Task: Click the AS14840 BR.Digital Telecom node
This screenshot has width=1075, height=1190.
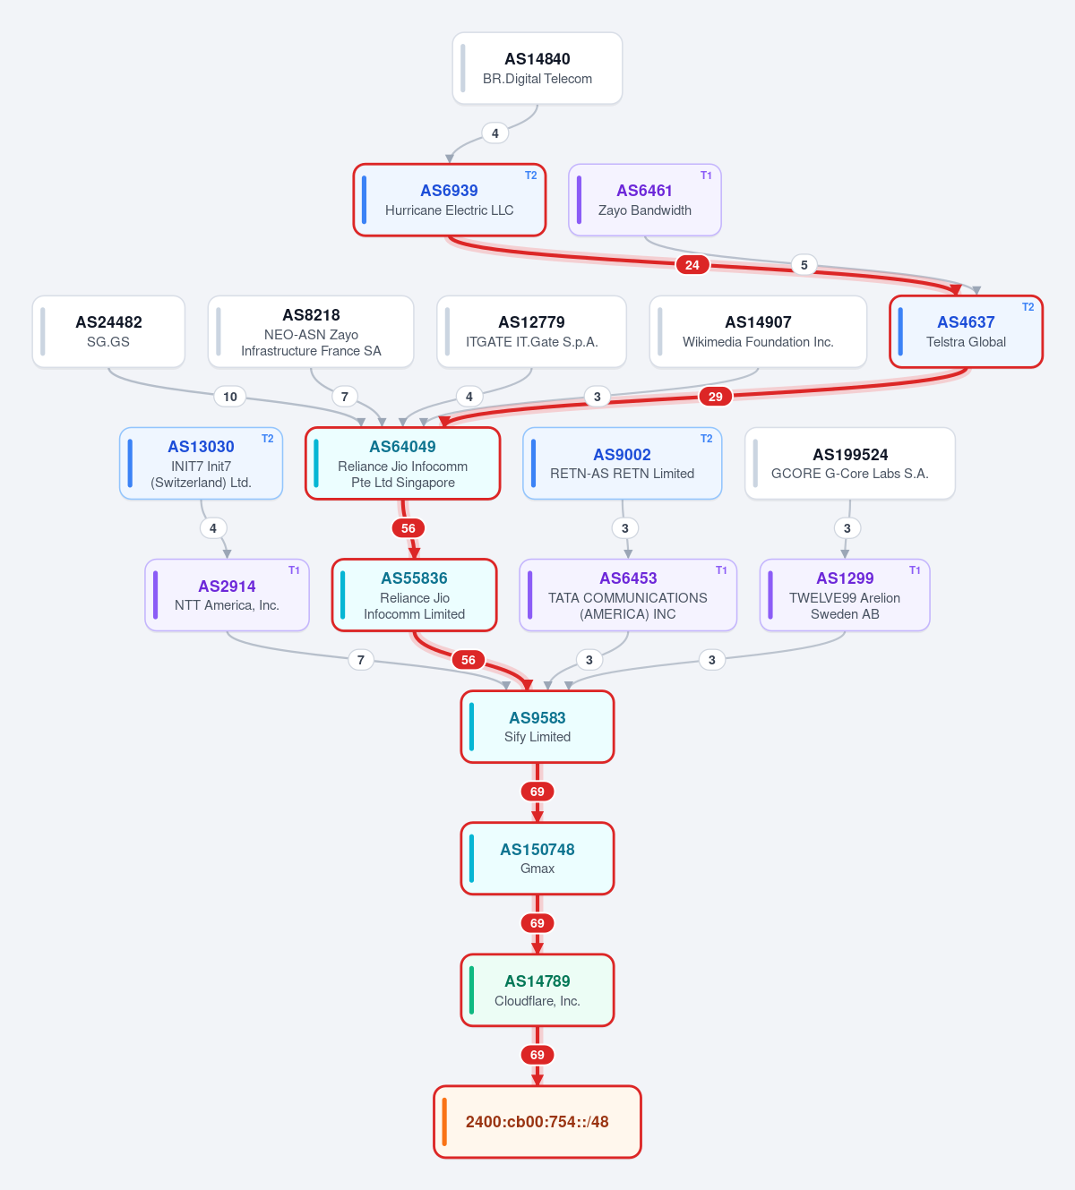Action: point(537,68)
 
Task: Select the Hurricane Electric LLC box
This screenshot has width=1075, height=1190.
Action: point(450,200)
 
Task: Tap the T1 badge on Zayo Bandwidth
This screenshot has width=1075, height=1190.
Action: point(706,176)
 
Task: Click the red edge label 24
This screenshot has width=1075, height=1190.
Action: point(692,264)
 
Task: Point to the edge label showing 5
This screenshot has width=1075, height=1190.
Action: point(804,264)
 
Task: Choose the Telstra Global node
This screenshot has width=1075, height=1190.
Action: point(966,331)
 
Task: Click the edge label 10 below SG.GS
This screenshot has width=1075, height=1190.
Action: point(229,397)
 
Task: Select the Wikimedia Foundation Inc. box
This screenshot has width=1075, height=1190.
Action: point(758,331)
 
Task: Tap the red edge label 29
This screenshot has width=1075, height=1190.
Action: point(715,397)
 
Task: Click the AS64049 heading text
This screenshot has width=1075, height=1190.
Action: point(402,446)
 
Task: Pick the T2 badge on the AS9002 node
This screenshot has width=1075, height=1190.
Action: point(707,439)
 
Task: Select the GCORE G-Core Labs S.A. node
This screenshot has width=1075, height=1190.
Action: point(850,463)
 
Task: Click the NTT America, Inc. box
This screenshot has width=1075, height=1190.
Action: point(227,595)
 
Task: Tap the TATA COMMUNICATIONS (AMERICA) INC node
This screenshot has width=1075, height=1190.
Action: point(628,595)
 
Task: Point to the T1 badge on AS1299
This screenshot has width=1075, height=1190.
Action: point(915,570)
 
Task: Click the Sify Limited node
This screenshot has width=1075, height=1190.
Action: point(537,727)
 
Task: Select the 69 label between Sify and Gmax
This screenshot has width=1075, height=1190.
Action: point(537,792)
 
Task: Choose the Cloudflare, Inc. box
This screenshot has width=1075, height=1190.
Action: point(537,990)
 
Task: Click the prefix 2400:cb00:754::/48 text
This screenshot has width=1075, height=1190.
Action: point(537,1122)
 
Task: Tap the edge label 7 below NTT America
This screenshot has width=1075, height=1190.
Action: point(360,660)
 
